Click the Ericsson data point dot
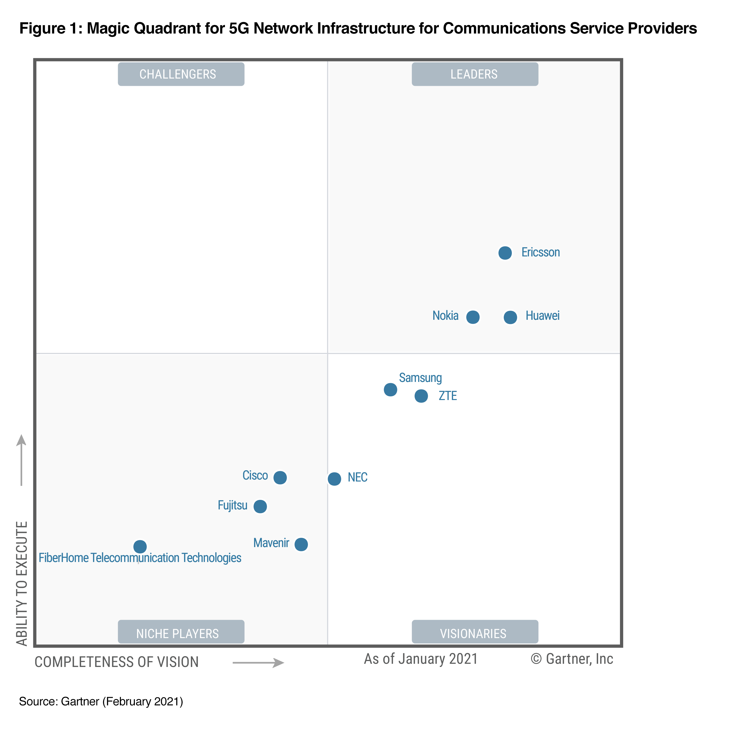[x=505, y=253]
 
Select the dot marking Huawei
[x=510, y=317]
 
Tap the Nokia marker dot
[x=473, y=317]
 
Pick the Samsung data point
[x=390, y=390]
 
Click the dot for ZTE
[x=421, y=396]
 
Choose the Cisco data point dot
[x=280, y=477]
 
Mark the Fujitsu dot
[x=260, y=506]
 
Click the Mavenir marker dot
[x=301, y=544]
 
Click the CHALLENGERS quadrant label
[x=181, y=74]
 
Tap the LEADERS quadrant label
[x=475, y=74]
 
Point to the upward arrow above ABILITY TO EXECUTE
[x=21, y=460]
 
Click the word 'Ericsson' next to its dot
[x=540, y=252]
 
